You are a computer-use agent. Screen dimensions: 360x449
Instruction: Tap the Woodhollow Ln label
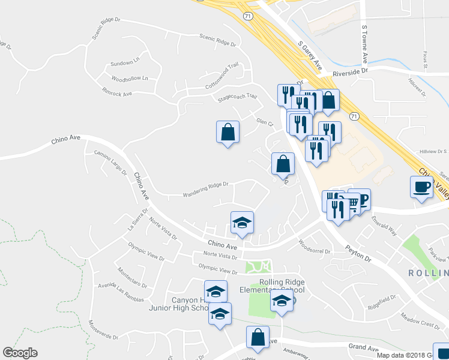point(130,78)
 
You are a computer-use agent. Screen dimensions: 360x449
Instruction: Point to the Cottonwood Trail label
point(222,78)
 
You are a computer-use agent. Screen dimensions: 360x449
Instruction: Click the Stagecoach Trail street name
point(237,96)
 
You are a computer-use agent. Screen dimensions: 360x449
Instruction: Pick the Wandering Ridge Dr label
point(206,188)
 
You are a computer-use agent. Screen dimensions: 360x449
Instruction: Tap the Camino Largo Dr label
point(111,163)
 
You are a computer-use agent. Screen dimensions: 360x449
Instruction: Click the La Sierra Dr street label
point(137,220)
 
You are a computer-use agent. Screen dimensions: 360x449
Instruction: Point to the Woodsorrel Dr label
point(314,246)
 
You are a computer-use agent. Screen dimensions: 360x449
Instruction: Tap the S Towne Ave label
point(364,44)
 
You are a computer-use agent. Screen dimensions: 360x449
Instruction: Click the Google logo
point(20,353)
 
